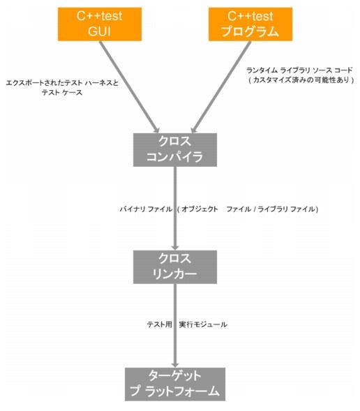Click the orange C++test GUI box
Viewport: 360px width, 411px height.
pyautogui.click(x=100, y=24)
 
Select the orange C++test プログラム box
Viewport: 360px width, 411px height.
pyautogui.click(x=250, y=24)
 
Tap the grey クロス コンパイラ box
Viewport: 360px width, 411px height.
pyautogui.click(x=175, y=149)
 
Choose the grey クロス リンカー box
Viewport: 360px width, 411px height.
pyautogui.click(x=175, y=267)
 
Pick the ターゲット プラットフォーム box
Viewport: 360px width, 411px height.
pyautogui.click(x=175, y=384)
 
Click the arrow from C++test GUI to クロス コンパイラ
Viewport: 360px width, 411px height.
pyautogui.click(x=129, y=87)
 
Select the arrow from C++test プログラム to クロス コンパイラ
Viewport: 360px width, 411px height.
pyautogui.click(x=221, y=87)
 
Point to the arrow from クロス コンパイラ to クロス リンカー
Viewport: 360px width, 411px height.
pyautogui.click(x=175, y=209)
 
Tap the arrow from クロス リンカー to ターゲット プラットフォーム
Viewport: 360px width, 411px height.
pyautogui.click(x=175, y=326)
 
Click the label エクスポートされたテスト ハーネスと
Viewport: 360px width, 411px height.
pyautogui.click(x=62, y=83)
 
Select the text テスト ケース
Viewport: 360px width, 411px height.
pyautogui.click(x=62, y=92)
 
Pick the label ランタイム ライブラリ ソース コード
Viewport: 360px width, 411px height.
pyautogui.click(x=299, y=70)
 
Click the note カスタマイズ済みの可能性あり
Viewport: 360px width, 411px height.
pyautogui.click(x=301, y=80)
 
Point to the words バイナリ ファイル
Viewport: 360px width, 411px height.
pyautogui.click(x=146, y=209)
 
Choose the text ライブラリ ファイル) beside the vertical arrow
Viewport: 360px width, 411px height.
pyautogui.click(x=288, y=209)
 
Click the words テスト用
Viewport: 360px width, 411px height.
pyautogui.click(x=159, y=324)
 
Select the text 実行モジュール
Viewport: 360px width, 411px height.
pyautogui.click(x=203, y=324)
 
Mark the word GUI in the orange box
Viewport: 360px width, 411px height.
pyautogui.click(x=99, y=31)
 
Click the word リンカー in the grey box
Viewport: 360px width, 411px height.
pyautogui.click(x=174, y=274)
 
